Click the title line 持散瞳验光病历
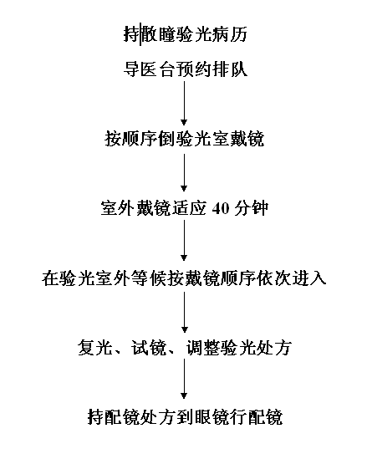click(x=186, y=34)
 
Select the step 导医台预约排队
click(x=186, y=69)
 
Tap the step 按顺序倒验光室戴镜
click(x=185, y=139)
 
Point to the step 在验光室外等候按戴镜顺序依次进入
click(x=184, y=278)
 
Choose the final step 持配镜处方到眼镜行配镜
click(x=185, y=417)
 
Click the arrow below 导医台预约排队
click(x=184, y=104)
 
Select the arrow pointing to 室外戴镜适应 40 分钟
click(x=184, y=173)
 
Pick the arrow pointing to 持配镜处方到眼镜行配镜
click(x=184, y=379)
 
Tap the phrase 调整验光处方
click(x=239, y=348)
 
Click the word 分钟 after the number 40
click(x=252, y=209)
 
